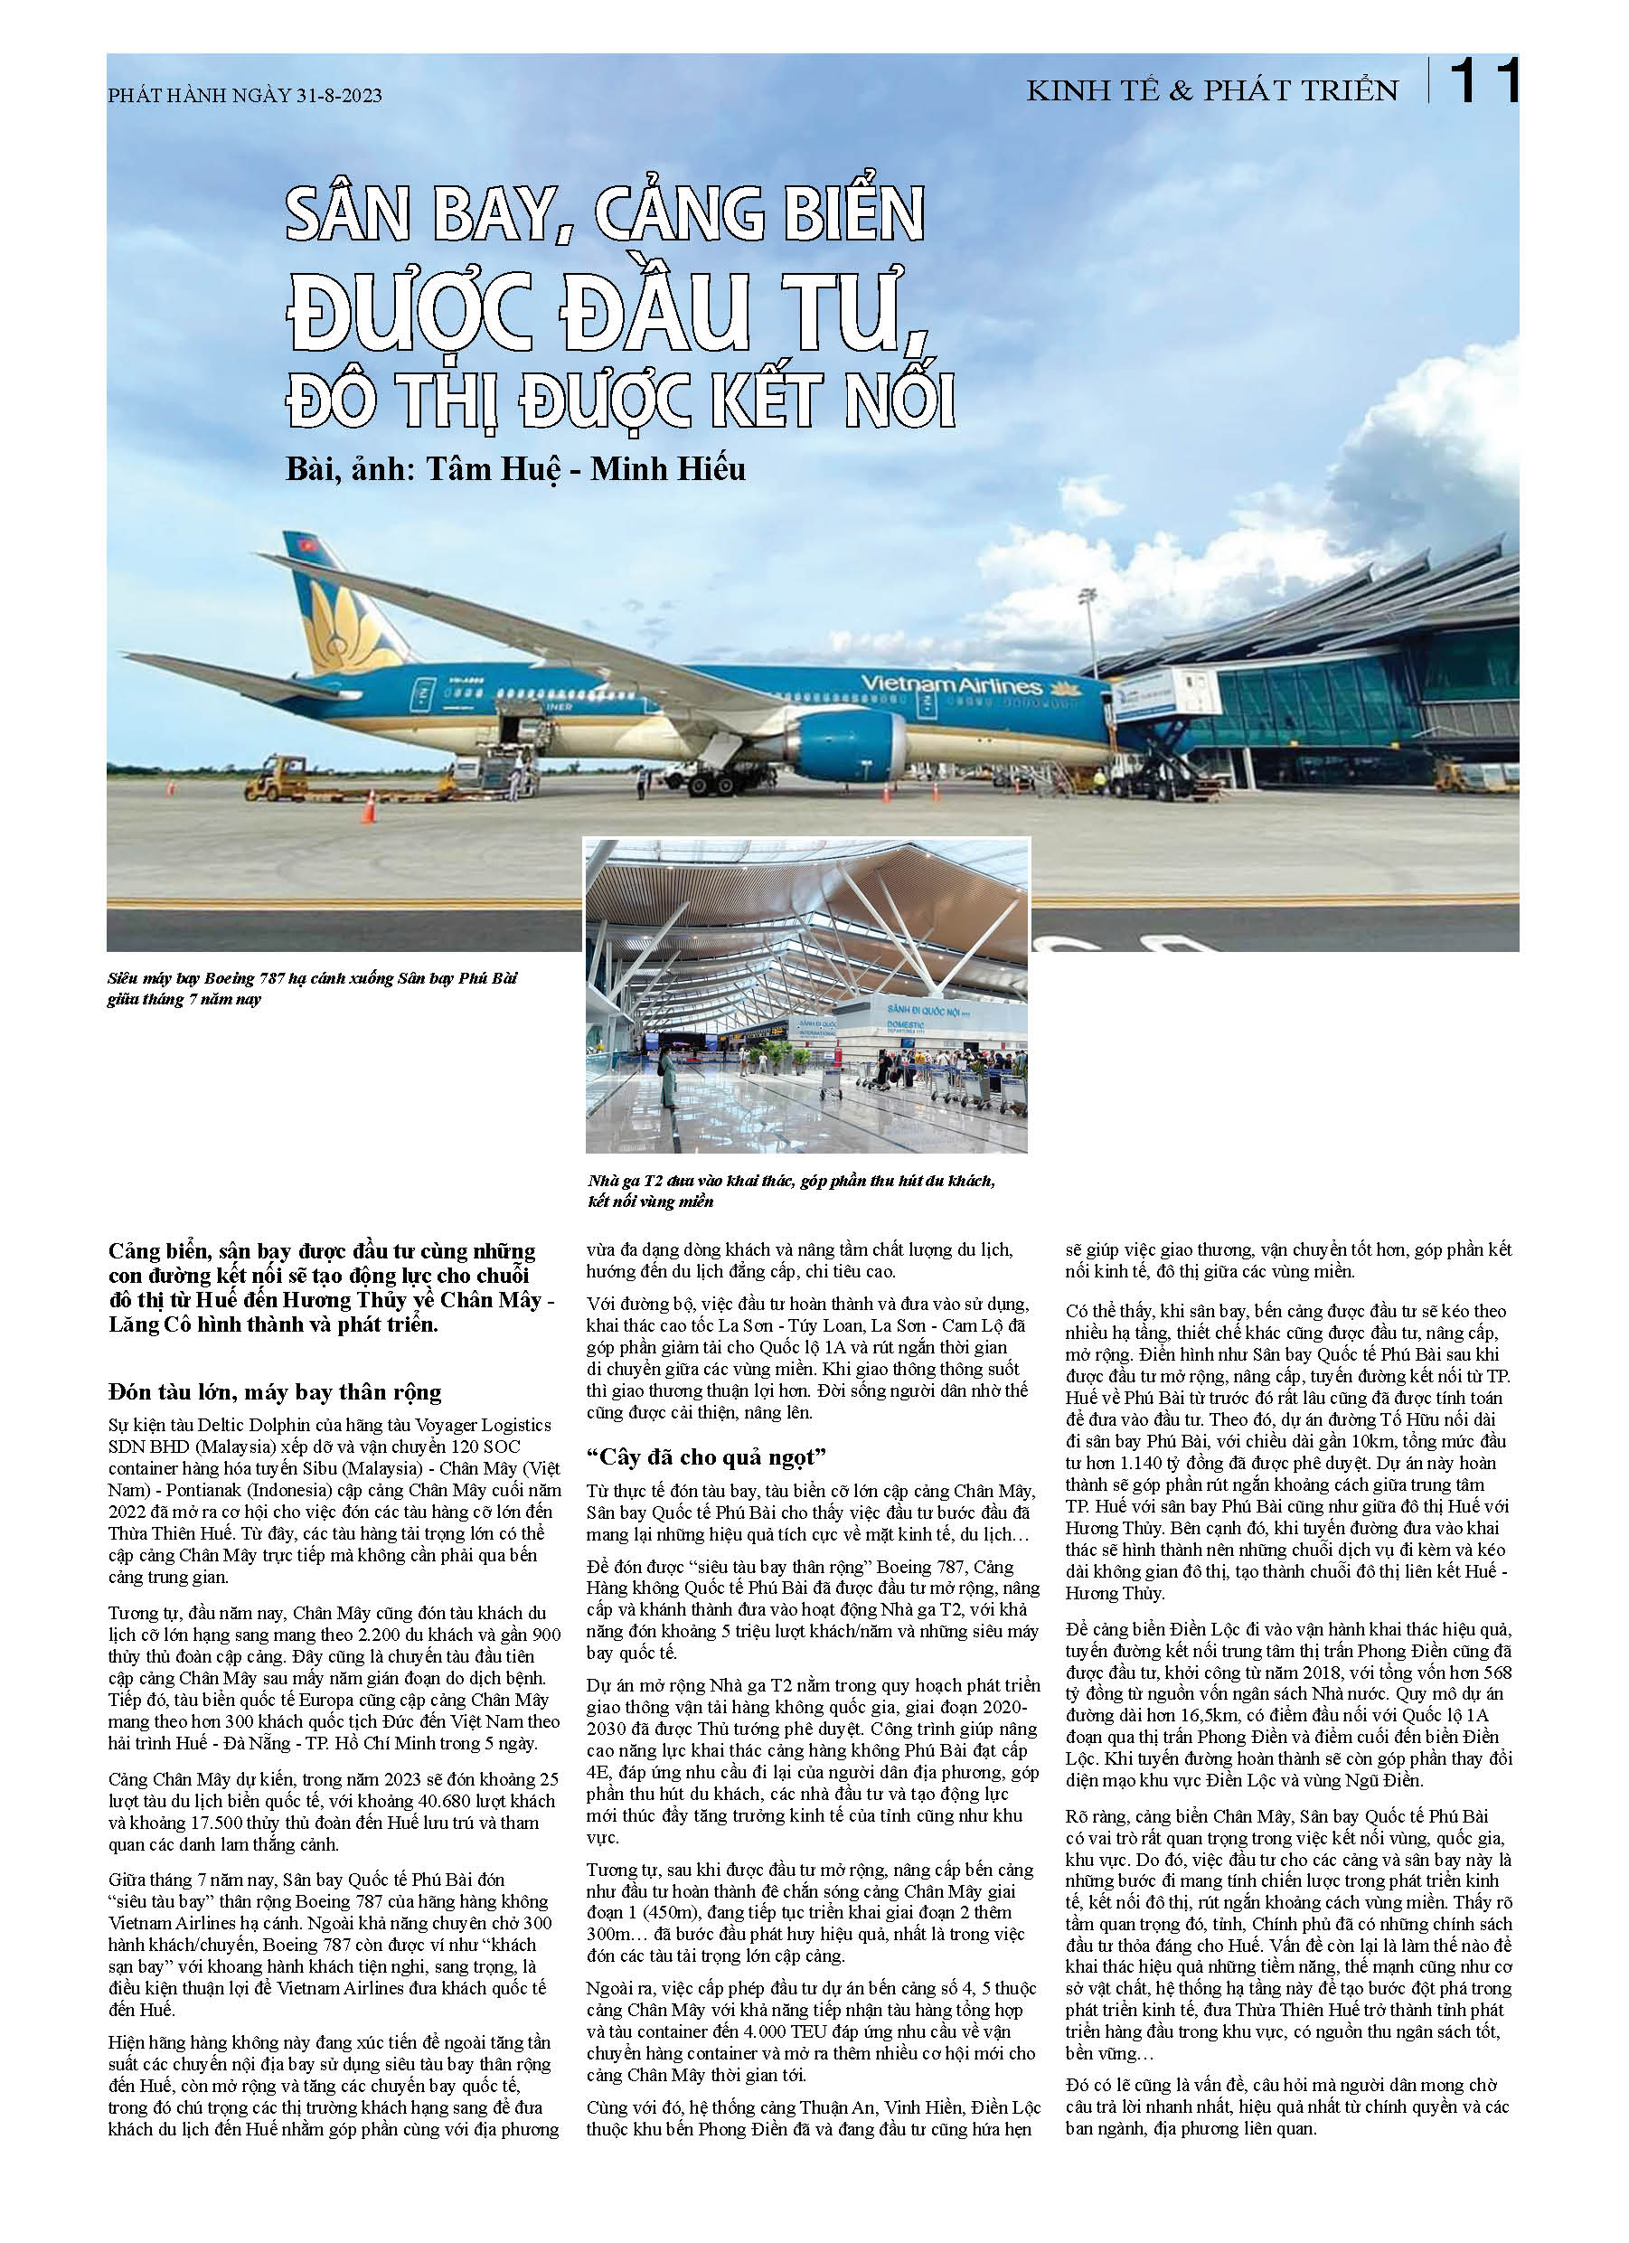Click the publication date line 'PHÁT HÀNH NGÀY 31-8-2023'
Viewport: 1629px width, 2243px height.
(244, 95)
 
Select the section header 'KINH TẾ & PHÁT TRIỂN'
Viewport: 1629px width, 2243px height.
(1211, 91)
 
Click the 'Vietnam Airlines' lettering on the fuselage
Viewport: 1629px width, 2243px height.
(950, 684)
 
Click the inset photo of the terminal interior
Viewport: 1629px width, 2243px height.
(806, 994)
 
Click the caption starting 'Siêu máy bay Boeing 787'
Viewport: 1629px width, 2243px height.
(312, 988)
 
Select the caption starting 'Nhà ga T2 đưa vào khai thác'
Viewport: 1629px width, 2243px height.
(790, 1191)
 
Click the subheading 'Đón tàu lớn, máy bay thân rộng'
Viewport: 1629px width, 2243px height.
(275, 1391)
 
